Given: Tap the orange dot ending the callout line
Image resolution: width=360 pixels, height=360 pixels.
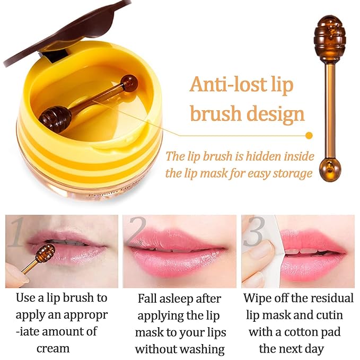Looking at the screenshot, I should pyautogui.click(x=309, y=136).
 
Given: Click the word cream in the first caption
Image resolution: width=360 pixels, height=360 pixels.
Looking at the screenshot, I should pyautogui.click(x=53, y=348).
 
